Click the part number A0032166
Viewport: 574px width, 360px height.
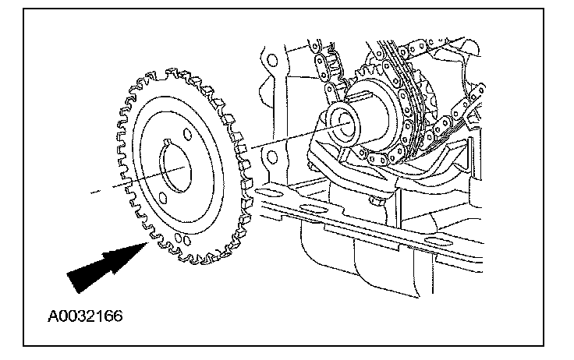point(84,317)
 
